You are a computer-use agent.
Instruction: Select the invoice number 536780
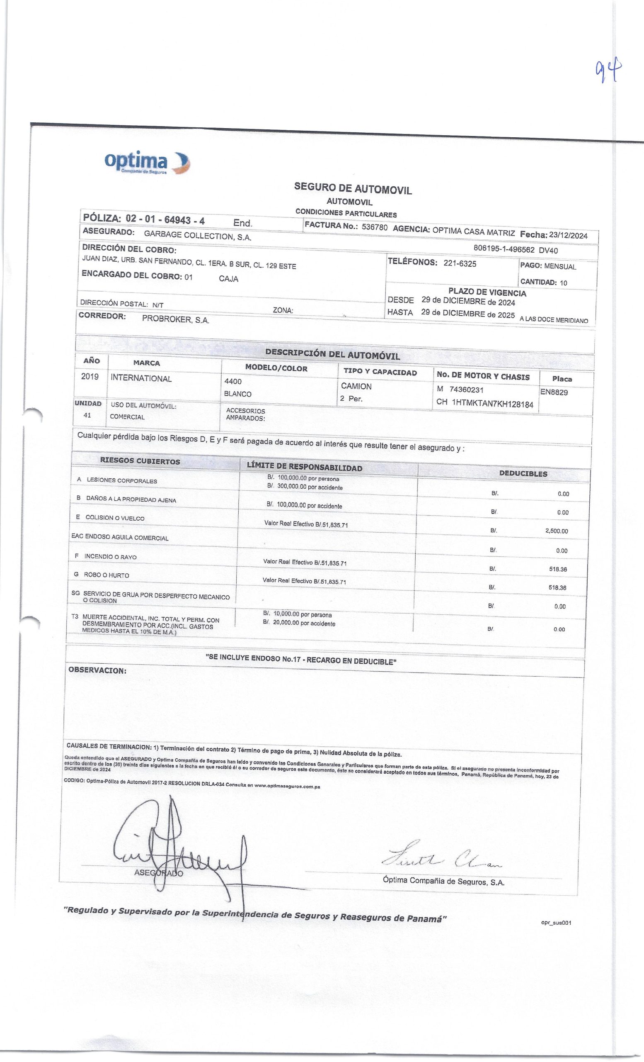point(375,227)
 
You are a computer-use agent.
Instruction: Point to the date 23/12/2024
point(568,235)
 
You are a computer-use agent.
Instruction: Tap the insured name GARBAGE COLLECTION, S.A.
point(198,235)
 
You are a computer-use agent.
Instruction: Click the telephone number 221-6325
point(460,264)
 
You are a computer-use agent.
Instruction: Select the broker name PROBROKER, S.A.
point(176,320)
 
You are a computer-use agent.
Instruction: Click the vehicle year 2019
point(90,376)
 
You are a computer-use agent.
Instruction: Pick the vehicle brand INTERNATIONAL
point(141,378)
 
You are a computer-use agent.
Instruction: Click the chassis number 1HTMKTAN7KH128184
point(492,404)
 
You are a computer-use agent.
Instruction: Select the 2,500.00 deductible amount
point(556,531)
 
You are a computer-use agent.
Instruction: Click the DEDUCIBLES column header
point(523,474)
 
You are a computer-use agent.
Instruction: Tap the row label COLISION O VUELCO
point(114,518)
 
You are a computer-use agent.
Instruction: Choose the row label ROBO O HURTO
point(107,575)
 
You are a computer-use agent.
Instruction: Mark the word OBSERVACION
point(97,671)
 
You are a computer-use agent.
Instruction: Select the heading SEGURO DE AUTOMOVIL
point(353,188)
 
